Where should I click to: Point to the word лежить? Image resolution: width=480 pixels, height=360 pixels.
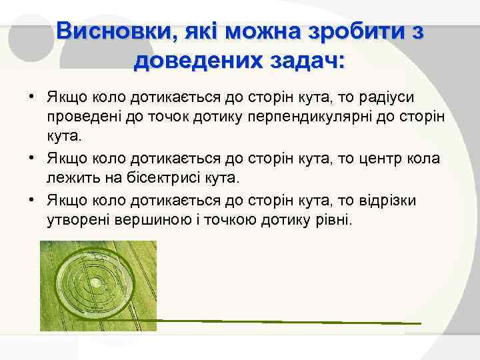(70, 179)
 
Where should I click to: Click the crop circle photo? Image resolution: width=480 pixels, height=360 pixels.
(98, 286)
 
